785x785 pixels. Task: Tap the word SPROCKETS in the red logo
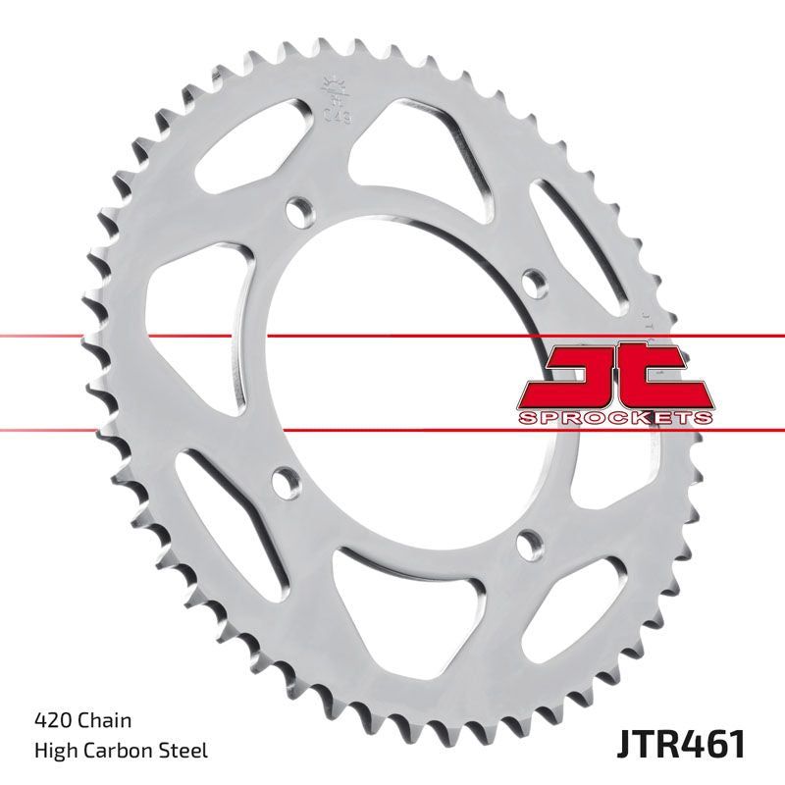615,418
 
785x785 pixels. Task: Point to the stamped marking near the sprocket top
332,98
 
